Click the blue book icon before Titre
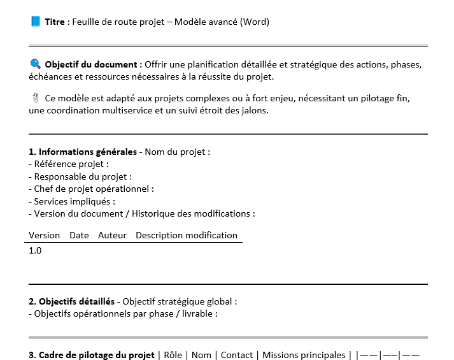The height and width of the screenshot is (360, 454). (x=36, y=22)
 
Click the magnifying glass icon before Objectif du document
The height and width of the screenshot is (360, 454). (x=36, y=64)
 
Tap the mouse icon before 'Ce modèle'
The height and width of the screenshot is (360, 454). (x=36, y=98)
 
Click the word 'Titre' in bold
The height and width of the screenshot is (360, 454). (x=55, y=22)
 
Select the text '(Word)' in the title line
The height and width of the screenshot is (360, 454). (x=255, y=22)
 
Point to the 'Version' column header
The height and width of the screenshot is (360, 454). (x=44, y=235)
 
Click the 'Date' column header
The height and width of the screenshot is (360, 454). (x=79, y=235)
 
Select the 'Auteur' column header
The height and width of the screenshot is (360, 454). (x=112, y=235)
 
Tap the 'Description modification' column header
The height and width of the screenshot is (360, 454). (x=186, y=235)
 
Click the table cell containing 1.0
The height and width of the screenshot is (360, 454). (x=35, y=250)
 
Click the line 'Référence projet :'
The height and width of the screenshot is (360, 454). (x=70, y=164)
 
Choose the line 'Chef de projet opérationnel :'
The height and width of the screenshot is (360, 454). (x=93, y=189)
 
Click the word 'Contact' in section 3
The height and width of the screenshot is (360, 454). (x=236, y=355)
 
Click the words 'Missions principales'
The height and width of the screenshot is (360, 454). (x=304, y=355)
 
